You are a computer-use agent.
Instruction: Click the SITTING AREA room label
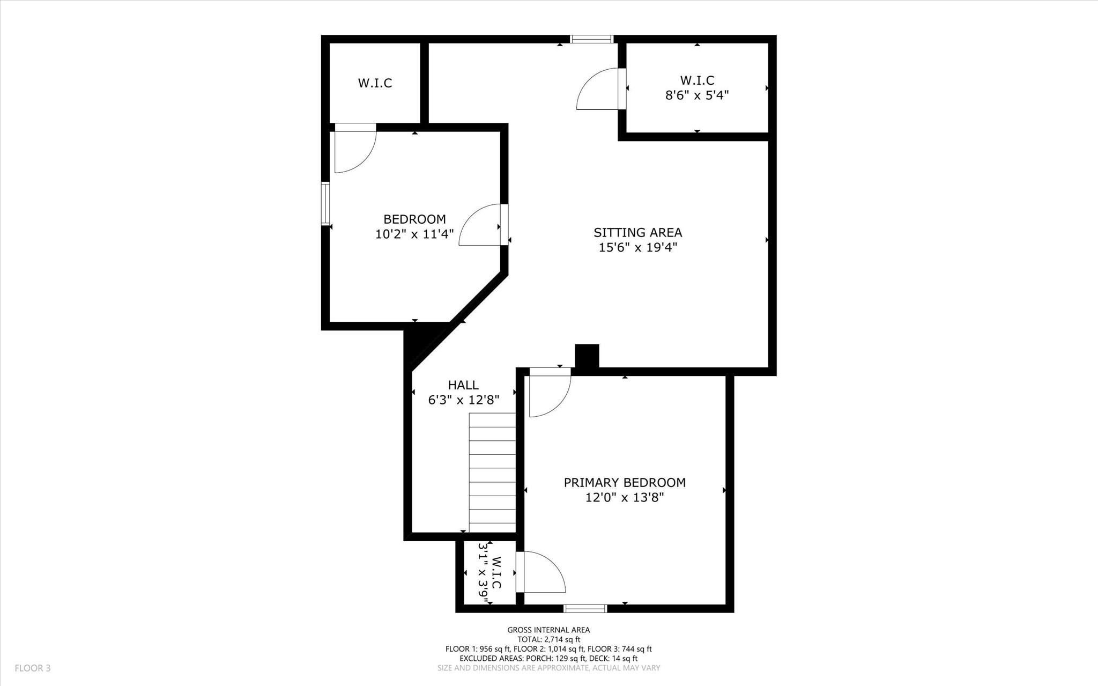pyautogui.click(x=637, y=232)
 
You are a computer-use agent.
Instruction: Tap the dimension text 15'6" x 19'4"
pyautogui.click(x=637, y=247)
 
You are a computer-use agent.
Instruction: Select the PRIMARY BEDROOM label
pyautogui.click(x=625, y=482)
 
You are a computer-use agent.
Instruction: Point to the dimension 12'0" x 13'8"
pyautogui.click(x=625, y=497)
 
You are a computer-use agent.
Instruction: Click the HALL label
pyautogui.click(x=463, y=385)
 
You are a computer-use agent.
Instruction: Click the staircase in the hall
pyautogui.click(x=492, y=472)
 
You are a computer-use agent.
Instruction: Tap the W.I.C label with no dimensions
pyautogui.click(x=375, y=83)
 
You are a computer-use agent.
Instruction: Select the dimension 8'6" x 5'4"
pyautogui.click(x=697, y=95)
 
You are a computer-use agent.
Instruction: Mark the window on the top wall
pyautogui.click(x=591, y=39)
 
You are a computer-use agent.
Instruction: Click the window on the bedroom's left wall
pyautogui.click(x=325, y=203)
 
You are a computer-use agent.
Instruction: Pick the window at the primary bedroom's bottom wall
pyautogui.click(x=585, y=608)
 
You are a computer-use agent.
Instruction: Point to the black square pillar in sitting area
pyautogui.click(x=587, y=356)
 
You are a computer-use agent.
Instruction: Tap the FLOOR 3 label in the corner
pyautogui.click(x=33, y=668)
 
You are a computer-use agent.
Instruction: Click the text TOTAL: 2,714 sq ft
pyautogui.click(x=548, y=639)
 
